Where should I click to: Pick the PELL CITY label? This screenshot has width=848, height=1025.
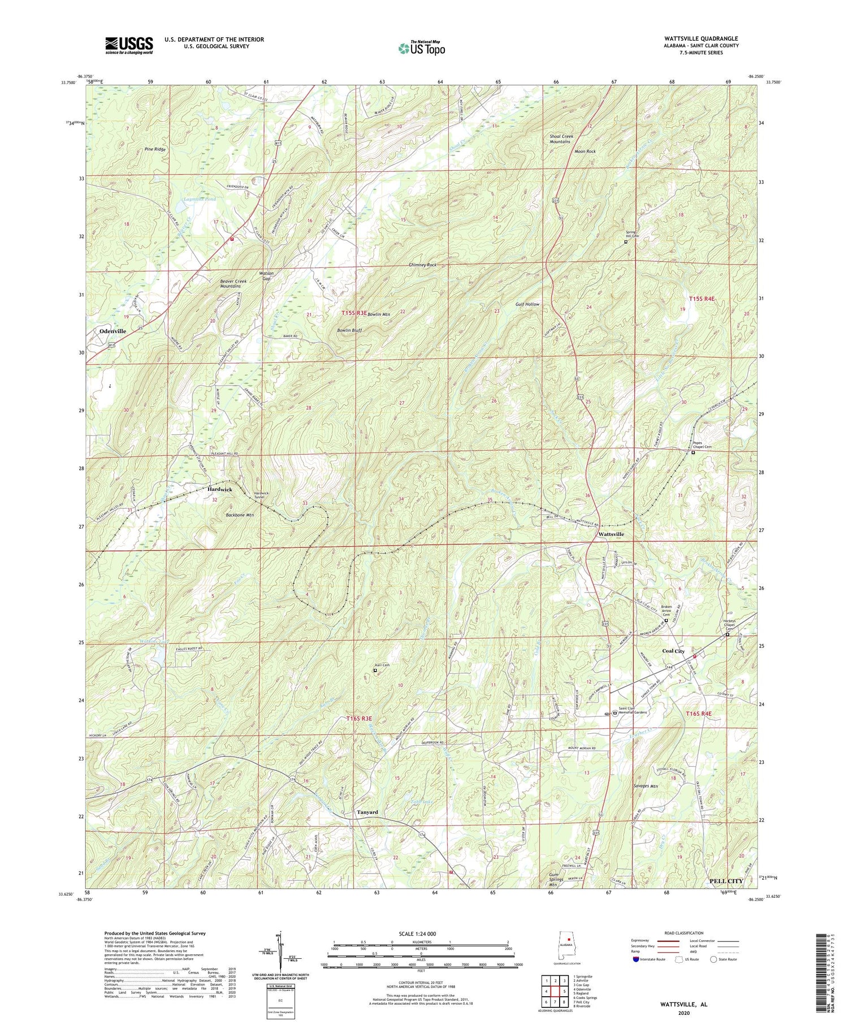click(x=726, y=881)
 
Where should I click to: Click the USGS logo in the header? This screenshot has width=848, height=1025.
click(x=129, y=45)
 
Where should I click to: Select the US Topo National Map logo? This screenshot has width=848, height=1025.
click(x=422, y=48)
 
